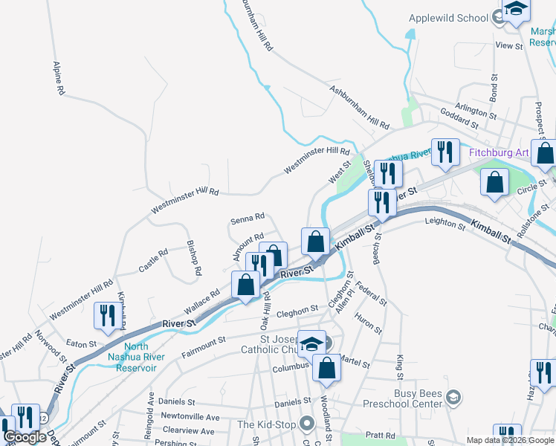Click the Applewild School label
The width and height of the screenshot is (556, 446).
point(448,18)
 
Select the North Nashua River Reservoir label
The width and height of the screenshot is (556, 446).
point(136,357)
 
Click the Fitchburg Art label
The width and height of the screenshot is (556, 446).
point(499,153)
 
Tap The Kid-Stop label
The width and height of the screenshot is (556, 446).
point(268,424)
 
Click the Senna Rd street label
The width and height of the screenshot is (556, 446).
point(248,219)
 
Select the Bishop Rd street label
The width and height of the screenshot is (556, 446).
point(193,258)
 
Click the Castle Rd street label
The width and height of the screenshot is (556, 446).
point(152,260)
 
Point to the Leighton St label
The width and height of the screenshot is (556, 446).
point(444,222)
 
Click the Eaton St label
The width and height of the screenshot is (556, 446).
point(82,343)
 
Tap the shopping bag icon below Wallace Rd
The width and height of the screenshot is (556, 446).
point(245,285)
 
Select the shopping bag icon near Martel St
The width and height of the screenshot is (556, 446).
point(326,368)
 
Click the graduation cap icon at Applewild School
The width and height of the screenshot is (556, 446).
point(515,10)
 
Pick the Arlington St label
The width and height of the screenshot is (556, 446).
point(476,112)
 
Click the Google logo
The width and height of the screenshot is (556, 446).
point(25,437)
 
